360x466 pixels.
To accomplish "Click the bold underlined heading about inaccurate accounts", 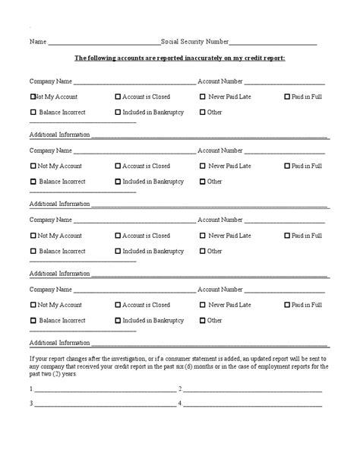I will pos(179,59).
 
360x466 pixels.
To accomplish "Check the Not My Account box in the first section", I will pos(33,97).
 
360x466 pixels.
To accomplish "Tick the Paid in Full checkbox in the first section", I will pos(287,97).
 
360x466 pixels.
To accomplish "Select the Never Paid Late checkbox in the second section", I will pos(203,166).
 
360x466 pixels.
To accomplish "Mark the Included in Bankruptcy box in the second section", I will pos(118,182).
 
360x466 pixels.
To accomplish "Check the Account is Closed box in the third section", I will pos(118,236).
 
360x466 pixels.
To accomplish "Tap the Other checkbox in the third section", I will pos(203,251).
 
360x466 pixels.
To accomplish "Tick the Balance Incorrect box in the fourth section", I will pos(33,320).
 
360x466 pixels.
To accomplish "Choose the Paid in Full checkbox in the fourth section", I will pos(287,305).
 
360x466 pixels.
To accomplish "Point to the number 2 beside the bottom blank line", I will pos(180,388).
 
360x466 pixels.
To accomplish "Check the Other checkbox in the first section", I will pos(203,113).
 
